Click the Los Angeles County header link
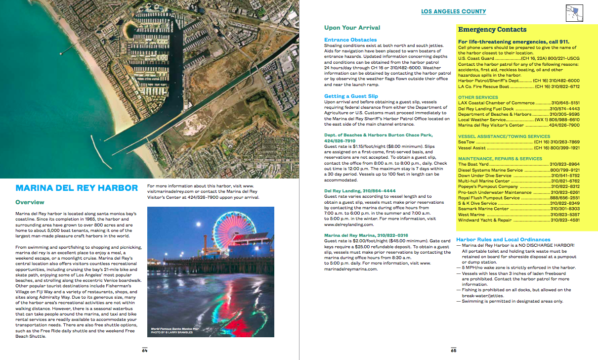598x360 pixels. (453, 11)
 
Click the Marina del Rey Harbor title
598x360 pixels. (77, 188)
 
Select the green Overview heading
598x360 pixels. (30, 202)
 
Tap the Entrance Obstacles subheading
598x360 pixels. (350, 40)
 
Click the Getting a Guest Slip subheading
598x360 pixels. (351, 96)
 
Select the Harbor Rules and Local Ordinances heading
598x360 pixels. (503, 239)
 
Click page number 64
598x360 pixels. (145, 351)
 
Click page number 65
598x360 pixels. (453, 351)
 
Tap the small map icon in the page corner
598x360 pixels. (574, 12)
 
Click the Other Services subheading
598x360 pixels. (478, 97)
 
